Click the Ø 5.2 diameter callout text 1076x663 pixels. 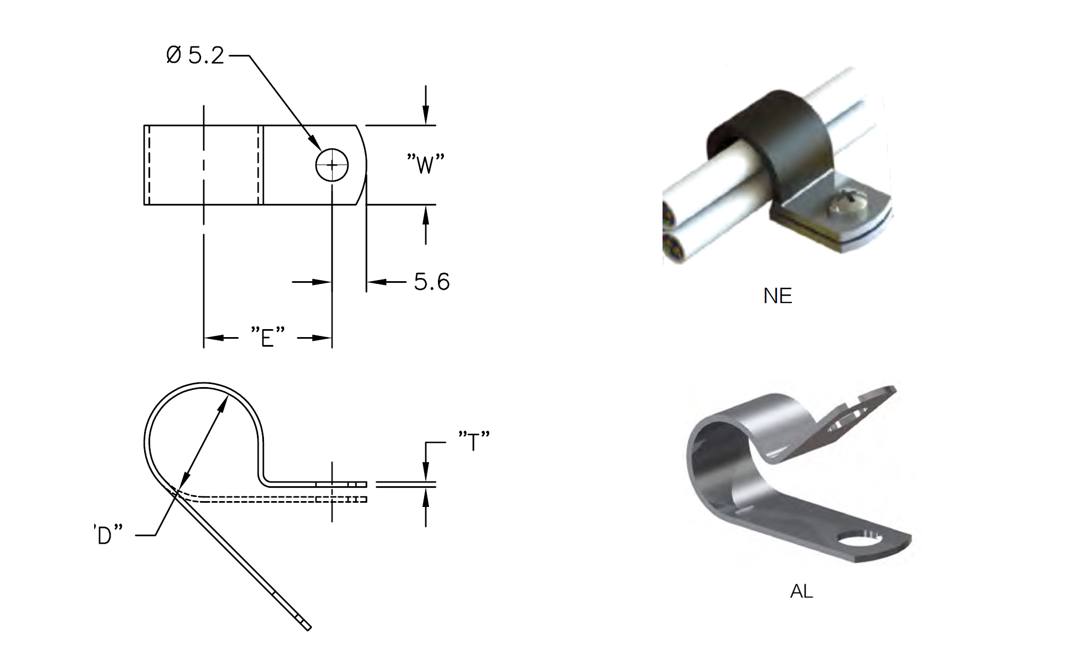(195, 55)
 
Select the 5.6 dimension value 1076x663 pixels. (432, 282)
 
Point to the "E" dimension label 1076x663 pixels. (268, 337)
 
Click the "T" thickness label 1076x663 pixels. (474, 441)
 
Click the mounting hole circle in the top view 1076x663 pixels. (332, 165)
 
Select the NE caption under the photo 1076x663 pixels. (777, 296)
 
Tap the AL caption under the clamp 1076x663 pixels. (801, 591)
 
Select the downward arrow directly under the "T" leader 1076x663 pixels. (425, 470)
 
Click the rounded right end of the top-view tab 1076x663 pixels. (364, 165)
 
